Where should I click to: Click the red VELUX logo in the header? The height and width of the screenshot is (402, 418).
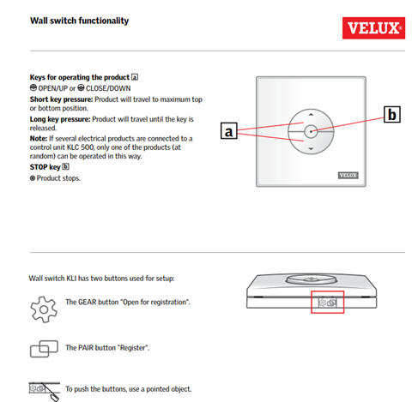[373, 28]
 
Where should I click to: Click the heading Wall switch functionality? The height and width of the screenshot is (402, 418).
[79, 21]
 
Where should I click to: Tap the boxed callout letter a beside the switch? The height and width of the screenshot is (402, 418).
[229, 131]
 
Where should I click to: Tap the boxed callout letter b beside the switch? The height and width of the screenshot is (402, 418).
[391, 114]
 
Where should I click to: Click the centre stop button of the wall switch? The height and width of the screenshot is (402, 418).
[311, 131]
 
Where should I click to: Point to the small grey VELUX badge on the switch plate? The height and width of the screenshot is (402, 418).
[348, 175]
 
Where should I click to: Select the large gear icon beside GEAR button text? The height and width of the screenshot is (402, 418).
[44, 309]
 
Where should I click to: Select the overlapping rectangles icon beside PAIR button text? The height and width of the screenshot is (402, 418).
[44, 349]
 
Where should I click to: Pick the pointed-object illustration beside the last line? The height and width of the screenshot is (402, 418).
[44, 392]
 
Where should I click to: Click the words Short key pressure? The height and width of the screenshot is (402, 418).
[61, 99]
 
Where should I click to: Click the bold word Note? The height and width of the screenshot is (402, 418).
[39, 139]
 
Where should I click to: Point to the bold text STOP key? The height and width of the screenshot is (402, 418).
[45, 167]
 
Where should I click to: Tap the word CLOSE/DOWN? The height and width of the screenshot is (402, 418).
[108, 88]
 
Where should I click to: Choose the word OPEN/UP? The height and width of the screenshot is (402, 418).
[53, 88]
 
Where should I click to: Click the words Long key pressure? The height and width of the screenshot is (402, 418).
[60, 119]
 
